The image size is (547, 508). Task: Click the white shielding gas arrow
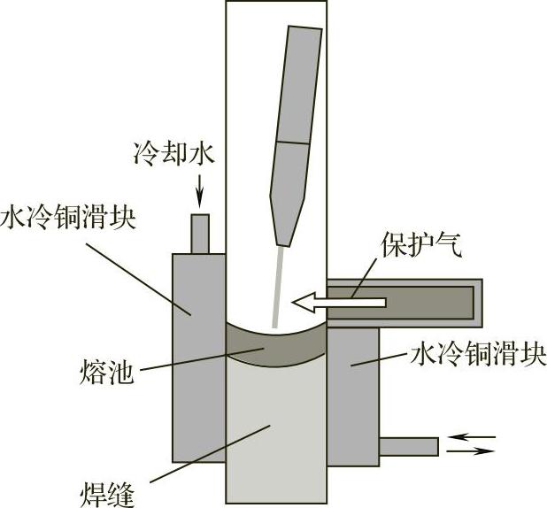[x=341, y=303]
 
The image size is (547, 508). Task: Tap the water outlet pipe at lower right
[x=408, y=446]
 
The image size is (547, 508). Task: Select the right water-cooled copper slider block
[x=352, y=389]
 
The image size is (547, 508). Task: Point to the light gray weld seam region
[x=276, y=434]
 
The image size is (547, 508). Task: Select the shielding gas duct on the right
[x=416, y=302]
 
